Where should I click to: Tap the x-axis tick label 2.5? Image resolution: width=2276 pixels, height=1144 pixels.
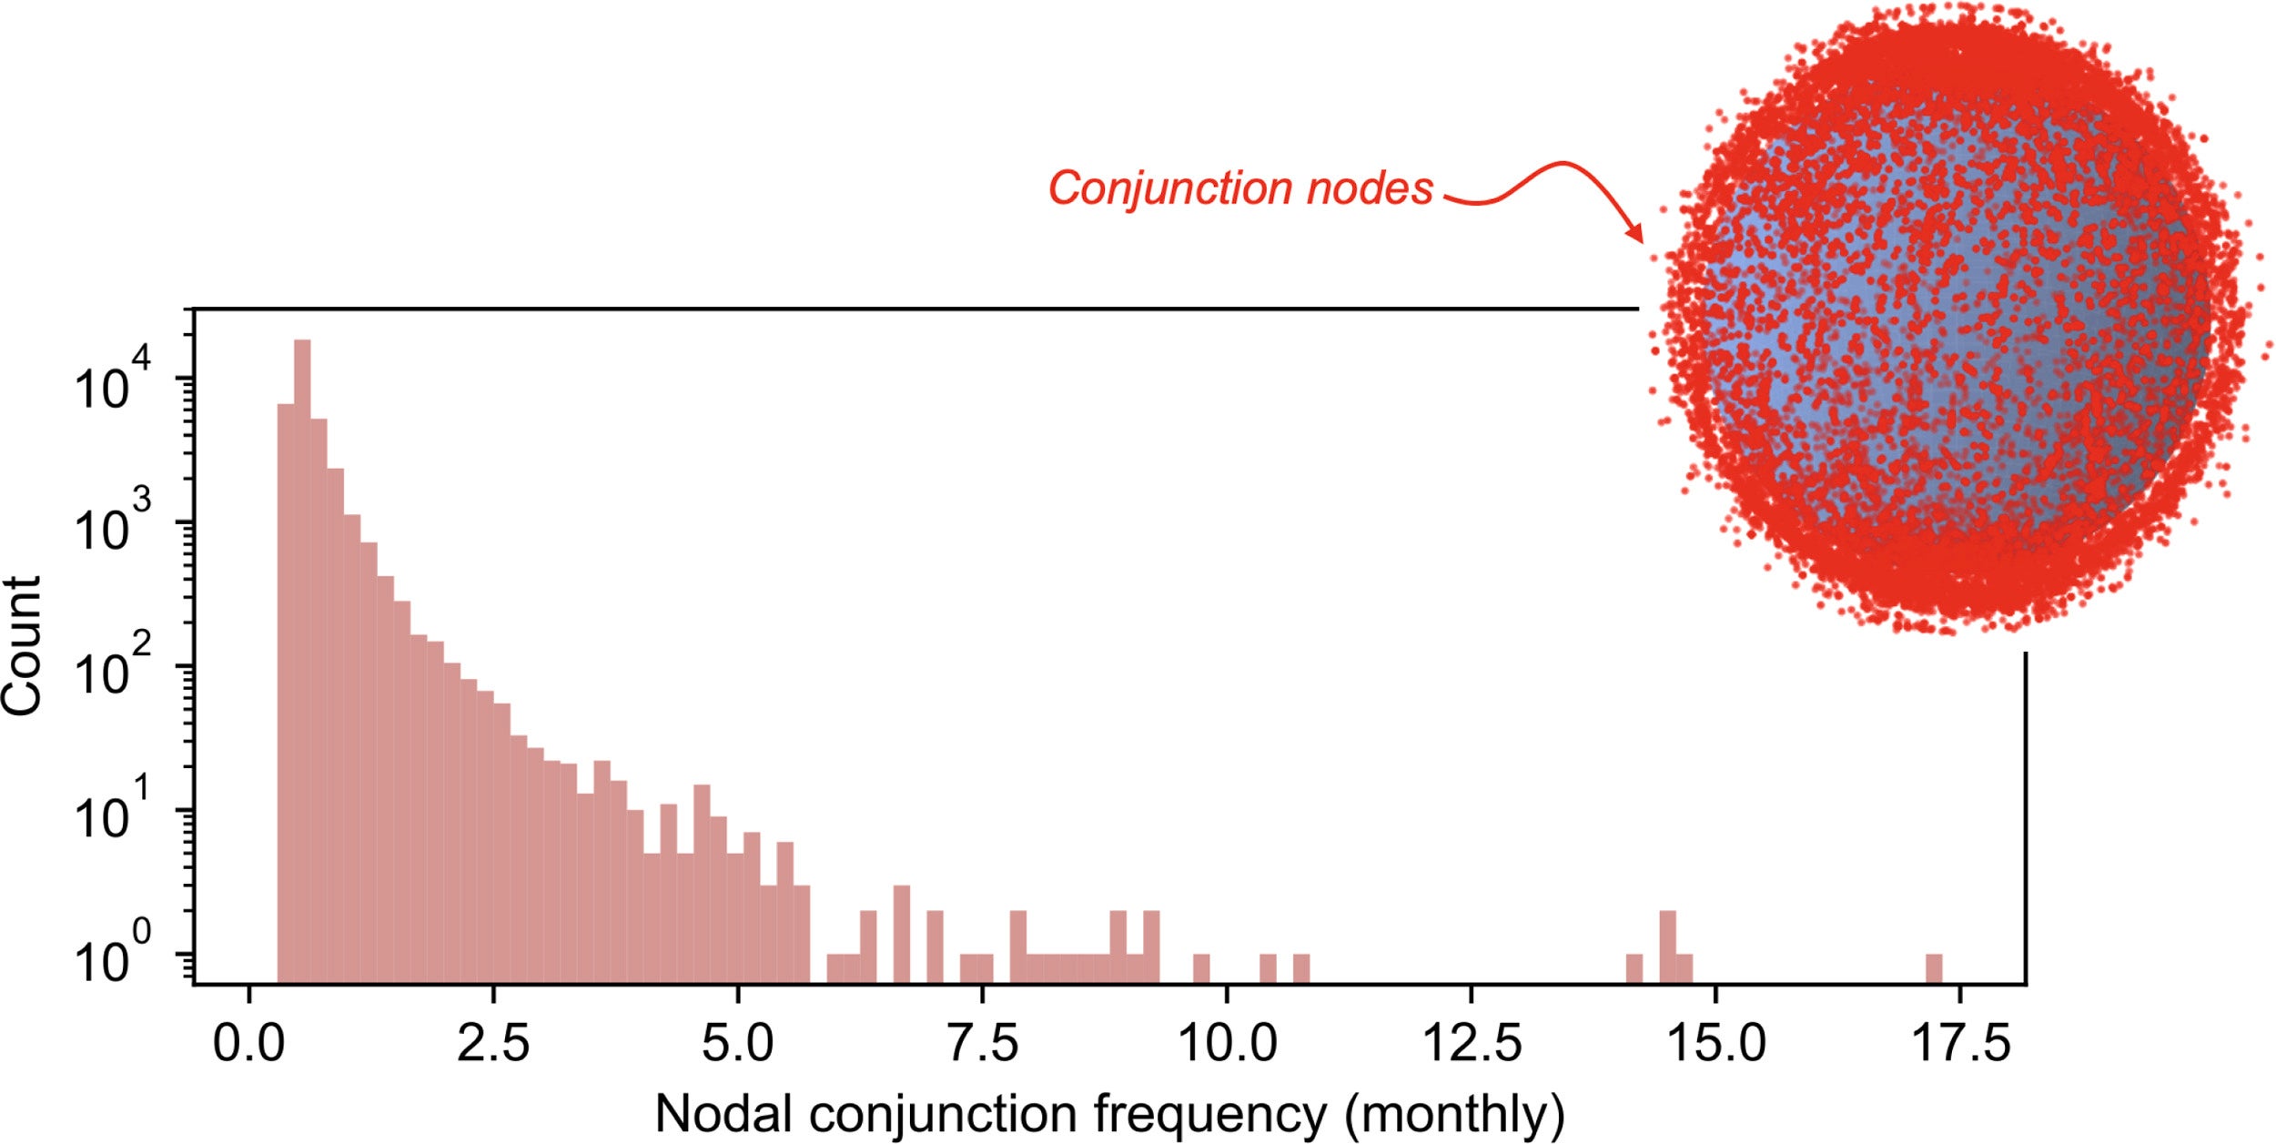pos(492,1043)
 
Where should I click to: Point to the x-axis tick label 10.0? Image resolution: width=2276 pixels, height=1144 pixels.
pos(1227,1043)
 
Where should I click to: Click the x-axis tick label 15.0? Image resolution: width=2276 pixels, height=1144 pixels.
pos(1716,1043)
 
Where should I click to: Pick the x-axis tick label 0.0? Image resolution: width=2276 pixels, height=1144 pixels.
pos(248,1043)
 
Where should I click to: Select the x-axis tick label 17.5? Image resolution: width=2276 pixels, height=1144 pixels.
pos(1960,1043)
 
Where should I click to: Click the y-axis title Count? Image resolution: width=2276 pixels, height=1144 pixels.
pos(22,646)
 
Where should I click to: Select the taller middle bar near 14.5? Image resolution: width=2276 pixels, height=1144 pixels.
pos(1667,947)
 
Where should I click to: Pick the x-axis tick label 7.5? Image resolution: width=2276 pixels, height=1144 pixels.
pos(982,1043)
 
